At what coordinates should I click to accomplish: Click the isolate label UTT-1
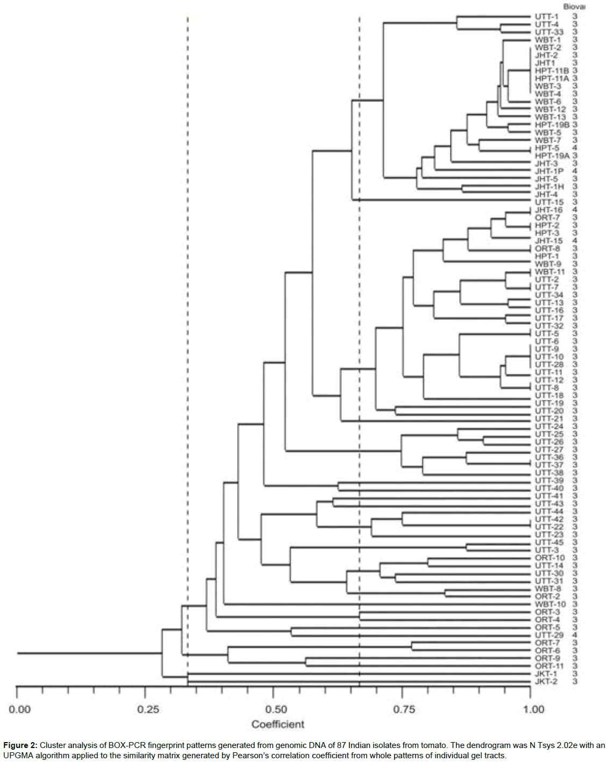(546, 17)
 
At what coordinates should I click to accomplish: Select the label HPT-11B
(552, 70)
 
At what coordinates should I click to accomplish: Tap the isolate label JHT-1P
(549, 171)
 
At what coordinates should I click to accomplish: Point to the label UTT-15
(549, 202)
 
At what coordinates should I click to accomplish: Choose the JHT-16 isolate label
(548, 210)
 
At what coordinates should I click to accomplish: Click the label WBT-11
(550, 272)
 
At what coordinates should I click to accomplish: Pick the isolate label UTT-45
(549, 542)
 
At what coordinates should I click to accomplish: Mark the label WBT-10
(550, 604)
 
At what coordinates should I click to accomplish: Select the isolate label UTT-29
(549, 635)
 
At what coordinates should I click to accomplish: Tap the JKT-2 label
(546, 681)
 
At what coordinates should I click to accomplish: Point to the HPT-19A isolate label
(552, 155)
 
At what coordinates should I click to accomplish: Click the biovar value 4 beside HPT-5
(575, 148)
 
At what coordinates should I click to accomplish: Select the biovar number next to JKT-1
(575, 674)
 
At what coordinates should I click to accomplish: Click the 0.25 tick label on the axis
(148, 709)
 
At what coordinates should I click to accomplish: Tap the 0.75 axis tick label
(404, 709)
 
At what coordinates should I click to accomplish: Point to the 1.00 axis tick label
(533, 709)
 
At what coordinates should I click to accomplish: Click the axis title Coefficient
(277, 724)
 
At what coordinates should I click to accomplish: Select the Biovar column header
(574, 6)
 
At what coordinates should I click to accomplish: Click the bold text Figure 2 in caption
(20, 745)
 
